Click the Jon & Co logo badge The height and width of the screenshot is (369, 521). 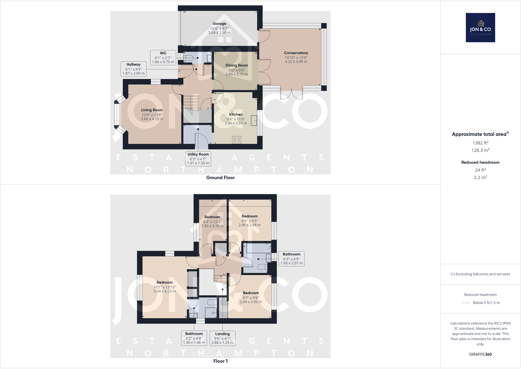point(480,28)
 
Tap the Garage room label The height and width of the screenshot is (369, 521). point(219,24)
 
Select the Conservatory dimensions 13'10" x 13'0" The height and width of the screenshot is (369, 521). point(296,57)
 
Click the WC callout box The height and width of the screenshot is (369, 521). point(163,57)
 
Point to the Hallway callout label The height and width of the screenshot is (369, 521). point(133,69)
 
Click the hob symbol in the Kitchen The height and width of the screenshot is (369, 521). point(237,140)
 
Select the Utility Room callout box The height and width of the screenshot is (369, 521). point(198,158)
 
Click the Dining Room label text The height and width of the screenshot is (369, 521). point(237,65)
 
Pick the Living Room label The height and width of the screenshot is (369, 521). point(152,110)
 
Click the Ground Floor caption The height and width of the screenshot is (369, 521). point(220,177)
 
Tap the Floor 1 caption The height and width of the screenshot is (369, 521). point(220,361)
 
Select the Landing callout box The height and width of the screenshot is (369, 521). point(222,338)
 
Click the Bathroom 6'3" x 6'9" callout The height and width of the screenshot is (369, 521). point(291,258)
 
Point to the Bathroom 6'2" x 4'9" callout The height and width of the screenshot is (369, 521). point(194,338)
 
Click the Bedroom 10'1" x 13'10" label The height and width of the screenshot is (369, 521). point(164,282)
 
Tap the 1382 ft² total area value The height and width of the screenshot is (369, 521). point(480,143)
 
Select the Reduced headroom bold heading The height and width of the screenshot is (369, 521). point(480,162)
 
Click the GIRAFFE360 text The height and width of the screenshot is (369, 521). point(480,354)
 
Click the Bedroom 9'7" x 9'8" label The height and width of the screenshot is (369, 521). point(251,293)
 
